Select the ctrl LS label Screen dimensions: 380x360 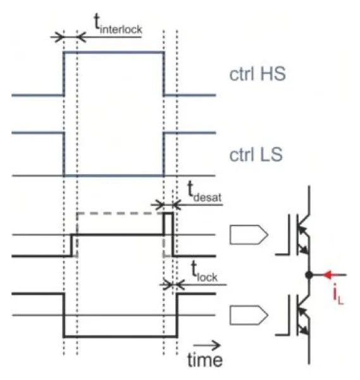(256, 153)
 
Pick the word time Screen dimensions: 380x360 (204, 360)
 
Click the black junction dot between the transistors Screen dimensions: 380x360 (309, 275)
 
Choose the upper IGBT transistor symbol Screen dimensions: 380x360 (298, 235)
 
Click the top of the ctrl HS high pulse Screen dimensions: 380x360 (114, 53)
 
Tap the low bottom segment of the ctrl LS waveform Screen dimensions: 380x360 (114, 175)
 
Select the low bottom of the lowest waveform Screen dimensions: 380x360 (120, 336)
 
